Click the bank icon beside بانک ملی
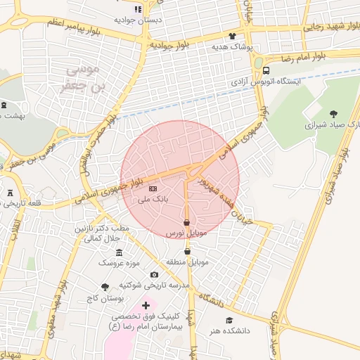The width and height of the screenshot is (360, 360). [x=153, y=188]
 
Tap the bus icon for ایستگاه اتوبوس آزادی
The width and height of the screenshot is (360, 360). [x=266, y=70]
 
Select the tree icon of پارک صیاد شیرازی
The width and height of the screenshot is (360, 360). [x=333, y=113]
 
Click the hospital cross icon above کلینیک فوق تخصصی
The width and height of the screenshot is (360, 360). [x=146, y=305]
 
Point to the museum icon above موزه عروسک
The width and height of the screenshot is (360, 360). [x=118, y=252]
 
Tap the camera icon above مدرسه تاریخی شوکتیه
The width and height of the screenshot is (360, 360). [x=155, y=275]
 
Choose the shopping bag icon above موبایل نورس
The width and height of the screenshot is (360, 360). [x=186, y=222]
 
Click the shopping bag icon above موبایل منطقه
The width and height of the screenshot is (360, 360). [x=187, y=252]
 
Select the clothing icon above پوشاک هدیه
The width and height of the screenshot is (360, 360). [x=232, y=35]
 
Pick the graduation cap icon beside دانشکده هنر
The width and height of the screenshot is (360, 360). [x=229, y=321]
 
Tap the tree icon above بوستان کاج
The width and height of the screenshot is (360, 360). [x=105, y=287]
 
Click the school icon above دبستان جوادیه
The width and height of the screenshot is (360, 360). [x=138, y=9]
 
